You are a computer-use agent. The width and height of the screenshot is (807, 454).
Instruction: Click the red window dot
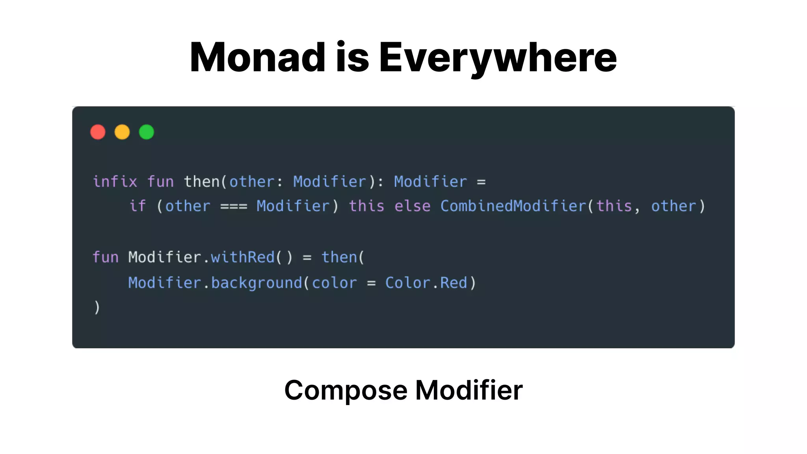[x=98, y=132]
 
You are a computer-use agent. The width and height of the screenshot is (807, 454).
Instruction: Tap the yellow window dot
[x=122, y=132]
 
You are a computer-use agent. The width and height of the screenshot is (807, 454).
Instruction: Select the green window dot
[x=147, y=132]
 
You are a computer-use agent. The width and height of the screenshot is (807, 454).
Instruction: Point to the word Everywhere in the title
[x=498, y=58]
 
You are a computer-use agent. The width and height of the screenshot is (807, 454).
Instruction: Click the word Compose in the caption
[x=346, y=391]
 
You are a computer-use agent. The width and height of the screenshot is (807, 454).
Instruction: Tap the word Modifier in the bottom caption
[x=469, y=390]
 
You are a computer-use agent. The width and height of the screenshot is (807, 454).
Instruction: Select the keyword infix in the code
[x=115, y=182]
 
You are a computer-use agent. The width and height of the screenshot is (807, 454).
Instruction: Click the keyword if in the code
[x=138, y=206]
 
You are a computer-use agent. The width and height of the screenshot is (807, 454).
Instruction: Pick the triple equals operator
[x=234, y=207]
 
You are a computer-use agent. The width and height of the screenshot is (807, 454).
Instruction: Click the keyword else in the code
[x=413, y=206]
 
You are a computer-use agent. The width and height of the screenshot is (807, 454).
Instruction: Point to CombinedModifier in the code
[x=513, y=206]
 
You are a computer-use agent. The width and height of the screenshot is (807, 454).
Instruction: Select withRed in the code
[x=243, y=257]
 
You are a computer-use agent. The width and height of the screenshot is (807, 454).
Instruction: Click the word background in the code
[x=257, y=283]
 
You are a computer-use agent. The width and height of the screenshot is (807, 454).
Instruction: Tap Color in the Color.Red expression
[x=407, y=283]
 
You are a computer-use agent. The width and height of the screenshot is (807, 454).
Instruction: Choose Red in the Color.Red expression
[x=454, y=283]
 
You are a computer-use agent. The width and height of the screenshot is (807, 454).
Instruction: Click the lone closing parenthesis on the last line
[x=97, y=307]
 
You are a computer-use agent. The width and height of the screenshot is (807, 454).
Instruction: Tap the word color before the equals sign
[x=335, y=283]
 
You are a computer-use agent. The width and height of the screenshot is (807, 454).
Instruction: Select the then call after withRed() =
[x=339, y=257]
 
